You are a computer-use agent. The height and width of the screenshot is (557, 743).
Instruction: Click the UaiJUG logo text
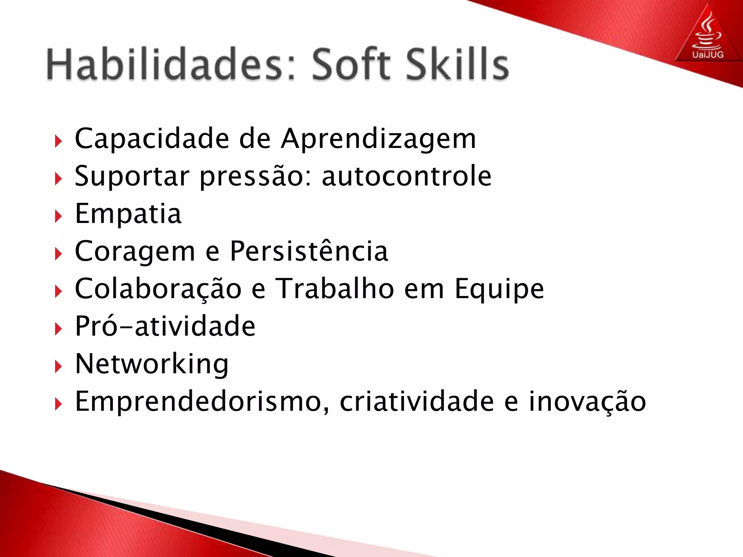pyautogui.click(x=708, y=55)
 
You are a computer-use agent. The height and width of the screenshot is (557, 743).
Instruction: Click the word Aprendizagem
pyautogui.click(x=378, y=140)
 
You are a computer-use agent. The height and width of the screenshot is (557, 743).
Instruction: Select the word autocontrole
pyautogui.click(x=406, y=176)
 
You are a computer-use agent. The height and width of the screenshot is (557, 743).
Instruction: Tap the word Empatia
pyautogui.click(x=128, y=214)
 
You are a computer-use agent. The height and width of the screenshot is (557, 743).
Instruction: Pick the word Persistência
pyautogui.click(x=309, y=251)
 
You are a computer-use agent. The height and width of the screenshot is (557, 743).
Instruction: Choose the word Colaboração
pyautogui.click(x=158, y=289)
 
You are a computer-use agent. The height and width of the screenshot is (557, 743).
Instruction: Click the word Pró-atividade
pyautogui.click(x=165, y=326)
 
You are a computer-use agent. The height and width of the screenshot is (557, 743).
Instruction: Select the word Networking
pyautogui.click(x=152, y=364)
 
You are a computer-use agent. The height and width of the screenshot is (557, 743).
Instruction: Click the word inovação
pyautogui.click(x=587, y=402)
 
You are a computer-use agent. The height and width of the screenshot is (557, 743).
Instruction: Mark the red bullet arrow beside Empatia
pyautogui.click(x=58, y=216)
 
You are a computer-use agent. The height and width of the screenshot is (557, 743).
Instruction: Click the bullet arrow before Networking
pyautogui.click(x=58, y=367)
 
